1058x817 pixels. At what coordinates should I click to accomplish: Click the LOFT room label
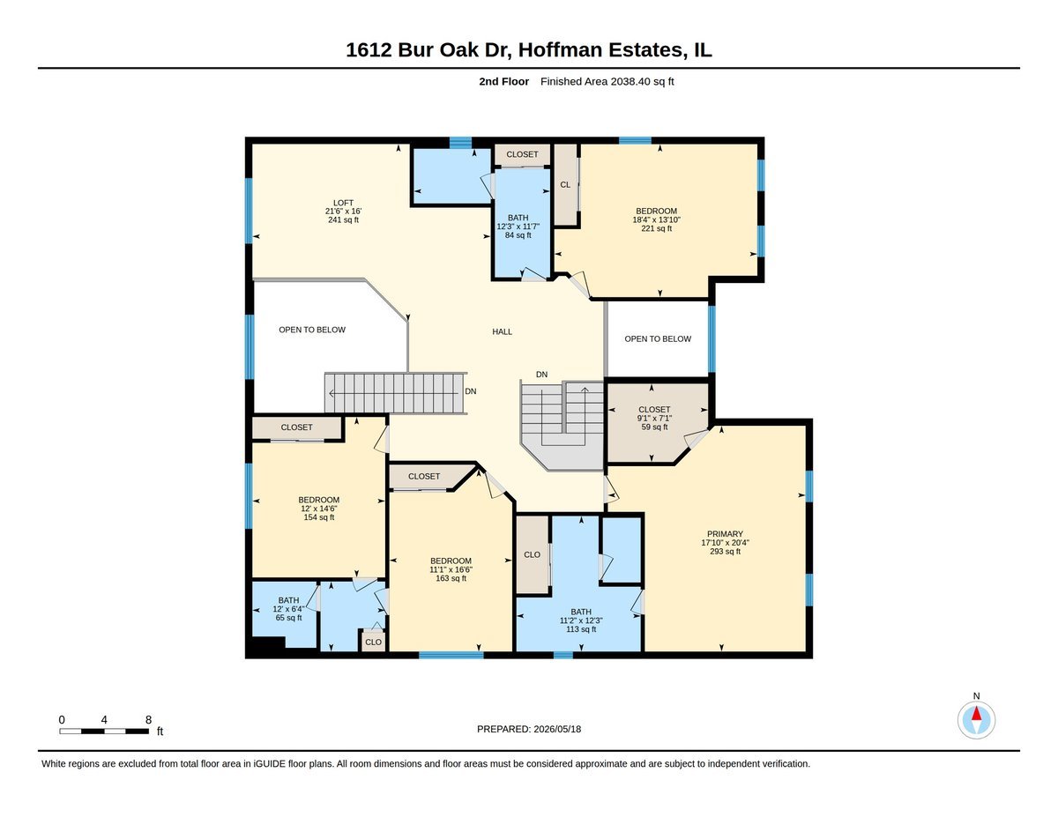click(343, 212)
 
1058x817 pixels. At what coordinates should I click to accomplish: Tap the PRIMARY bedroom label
click(725, 543)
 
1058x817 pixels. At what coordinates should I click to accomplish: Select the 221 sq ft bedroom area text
click(656, 228)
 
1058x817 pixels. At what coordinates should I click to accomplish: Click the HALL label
click(502, 332)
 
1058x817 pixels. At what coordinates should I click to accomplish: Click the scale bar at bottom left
click(104, 731)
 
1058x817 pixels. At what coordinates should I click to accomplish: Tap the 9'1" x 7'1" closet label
click(654, 419)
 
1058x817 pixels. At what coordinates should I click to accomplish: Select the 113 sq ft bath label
click(581, 620)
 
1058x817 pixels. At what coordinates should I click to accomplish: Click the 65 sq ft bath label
click(288, 609)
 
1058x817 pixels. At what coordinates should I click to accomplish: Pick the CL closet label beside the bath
click(565, 185)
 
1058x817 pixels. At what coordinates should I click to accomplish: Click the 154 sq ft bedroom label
click(319, 509)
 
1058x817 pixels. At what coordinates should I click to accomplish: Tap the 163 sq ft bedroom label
click(451, 569)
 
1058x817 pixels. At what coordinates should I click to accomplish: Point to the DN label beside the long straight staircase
click(470, 391)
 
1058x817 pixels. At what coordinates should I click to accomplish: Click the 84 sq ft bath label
click(518, 227)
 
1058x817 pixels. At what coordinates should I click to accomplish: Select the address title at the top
click(529, 50)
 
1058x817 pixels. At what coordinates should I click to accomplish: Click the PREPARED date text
click(529, 729)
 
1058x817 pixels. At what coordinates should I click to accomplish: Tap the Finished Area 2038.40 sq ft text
click(607, 82)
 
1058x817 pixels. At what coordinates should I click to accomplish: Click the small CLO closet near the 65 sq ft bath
click(374, 642)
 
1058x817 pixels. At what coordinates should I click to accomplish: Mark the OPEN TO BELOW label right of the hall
click(658, 339)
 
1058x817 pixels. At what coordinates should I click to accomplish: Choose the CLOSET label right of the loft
click(522, 155)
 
